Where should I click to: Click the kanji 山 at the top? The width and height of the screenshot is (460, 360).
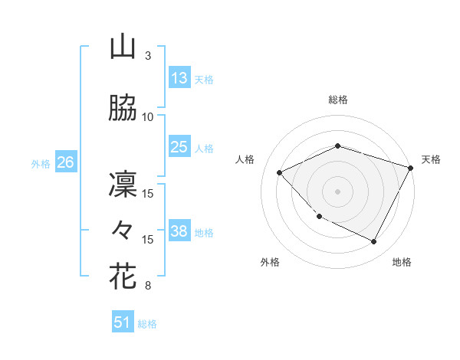pyautogui.click(x=123, y=47)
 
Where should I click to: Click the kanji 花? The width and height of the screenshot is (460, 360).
pyautogui.click(x=123, y=276)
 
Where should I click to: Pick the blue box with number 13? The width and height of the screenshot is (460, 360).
pyautogui.click(x=179, y=78)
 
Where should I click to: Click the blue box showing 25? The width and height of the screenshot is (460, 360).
pyautogui.click(x=179, y=147)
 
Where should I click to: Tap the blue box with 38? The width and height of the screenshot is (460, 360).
pyautogui.click(x=179, y=231)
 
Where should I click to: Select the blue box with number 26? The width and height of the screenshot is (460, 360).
pyautogui.click(x=65, y=162)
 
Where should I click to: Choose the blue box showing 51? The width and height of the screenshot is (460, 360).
pyautogui.click(x=123, y=322)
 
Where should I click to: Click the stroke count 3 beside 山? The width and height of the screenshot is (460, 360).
pyautogui.click(x=148, y=56)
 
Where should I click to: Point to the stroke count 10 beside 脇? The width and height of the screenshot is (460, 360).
pyautogui.click(x=148, y=116)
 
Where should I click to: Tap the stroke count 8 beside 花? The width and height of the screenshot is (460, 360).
pyautogui.click(x=148, y=286)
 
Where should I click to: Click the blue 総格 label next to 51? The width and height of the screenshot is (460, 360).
pyautogui.click(x=147, y=324)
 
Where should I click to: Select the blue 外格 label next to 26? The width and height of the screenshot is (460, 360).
pyautogui.click(x=41, y=163)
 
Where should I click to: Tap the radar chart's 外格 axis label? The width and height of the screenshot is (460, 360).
pyautogui.click(x=270, y=262)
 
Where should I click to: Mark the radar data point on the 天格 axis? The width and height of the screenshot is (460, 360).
pyautogui.click(x=411, y=168)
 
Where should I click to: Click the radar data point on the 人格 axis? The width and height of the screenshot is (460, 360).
pyautogui.click(x=280, y=172)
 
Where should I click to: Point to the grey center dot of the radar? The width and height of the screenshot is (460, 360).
pyautogui.click(x=338, y=191)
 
